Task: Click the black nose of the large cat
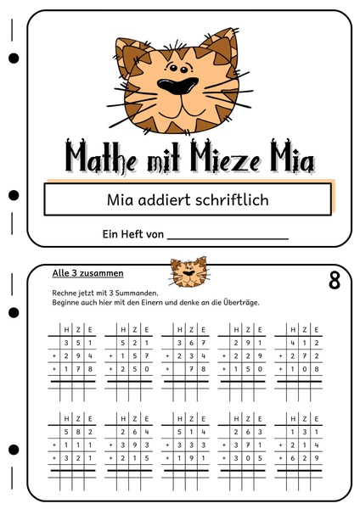click(x=179, y=86)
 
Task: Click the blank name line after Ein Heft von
click(x=228, y=234)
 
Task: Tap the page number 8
click(x=334, y=281)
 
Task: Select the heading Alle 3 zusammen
click(x=88, y=273)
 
